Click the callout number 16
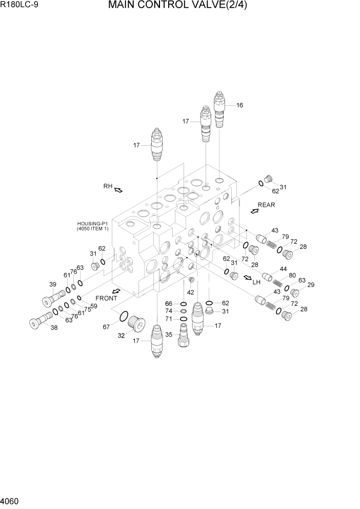[239, 105]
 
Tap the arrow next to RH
[118, 190]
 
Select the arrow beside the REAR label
[253, 210]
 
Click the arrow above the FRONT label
[116, 291]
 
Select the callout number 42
[190, 292]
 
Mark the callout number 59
[93, 306]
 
